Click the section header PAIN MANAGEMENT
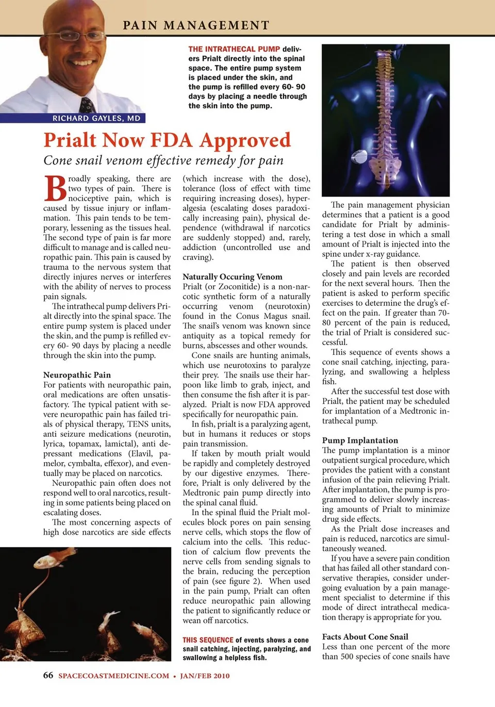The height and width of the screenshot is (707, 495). coord(196,25)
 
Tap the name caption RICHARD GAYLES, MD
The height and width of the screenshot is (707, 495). coord(96,118)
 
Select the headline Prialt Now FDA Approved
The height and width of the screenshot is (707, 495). coord(167,140)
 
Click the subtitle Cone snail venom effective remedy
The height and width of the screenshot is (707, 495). coord(163,160)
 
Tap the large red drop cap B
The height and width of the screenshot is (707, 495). coord(55,188)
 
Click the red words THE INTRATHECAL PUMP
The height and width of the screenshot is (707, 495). coord(234,49)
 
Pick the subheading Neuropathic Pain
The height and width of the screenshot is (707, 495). coord(77,375)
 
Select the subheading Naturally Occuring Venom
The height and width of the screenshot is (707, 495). coord(233,276)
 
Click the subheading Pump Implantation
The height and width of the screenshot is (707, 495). coord(360,440)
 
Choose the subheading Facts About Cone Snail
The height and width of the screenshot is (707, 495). coord(365,637)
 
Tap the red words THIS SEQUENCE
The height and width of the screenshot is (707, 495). coord(208,640)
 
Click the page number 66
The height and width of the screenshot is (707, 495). coord(48,676)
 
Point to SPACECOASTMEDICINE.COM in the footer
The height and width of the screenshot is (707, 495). coord(113,676)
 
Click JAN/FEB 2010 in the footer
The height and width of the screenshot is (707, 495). coord(205,676)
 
